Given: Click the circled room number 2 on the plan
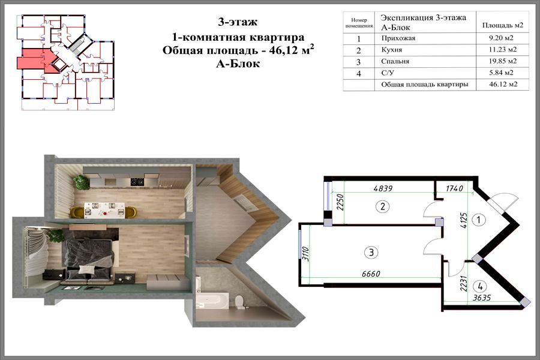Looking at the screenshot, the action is click(382, 206).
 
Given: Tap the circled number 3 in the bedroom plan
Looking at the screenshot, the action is click(371, 253).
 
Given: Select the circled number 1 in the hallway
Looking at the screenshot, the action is click(478, 220).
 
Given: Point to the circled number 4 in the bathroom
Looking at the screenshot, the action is click(480, 286).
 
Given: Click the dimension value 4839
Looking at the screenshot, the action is click(383, 188).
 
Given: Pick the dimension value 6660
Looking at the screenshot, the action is click(371, 274).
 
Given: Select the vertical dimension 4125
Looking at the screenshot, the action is click(464, 220).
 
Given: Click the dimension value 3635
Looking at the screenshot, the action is click(481, 298).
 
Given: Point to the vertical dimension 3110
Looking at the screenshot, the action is click(306, 254).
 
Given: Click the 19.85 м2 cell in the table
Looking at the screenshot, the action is click(503, 61).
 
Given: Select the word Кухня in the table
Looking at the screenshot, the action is click(392, 50).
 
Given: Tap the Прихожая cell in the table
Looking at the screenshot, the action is click(398, 38).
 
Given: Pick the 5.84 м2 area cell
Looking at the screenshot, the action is click(501, 73).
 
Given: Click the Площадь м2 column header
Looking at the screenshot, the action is click(502, 25).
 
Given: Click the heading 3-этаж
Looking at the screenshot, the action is click(238, 22).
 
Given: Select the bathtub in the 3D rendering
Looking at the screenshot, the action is click(211, 299).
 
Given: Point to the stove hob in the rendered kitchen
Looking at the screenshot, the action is click(137, 181).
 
